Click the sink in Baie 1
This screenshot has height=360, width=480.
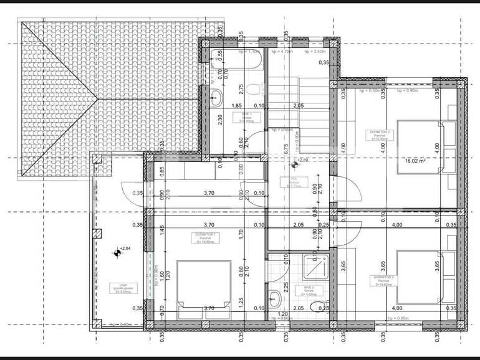tap(216, 97)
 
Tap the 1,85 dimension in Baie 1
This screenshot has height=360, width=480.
tap(237, 106)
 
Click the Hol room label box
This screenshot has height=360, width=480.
tap(294, 182)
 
